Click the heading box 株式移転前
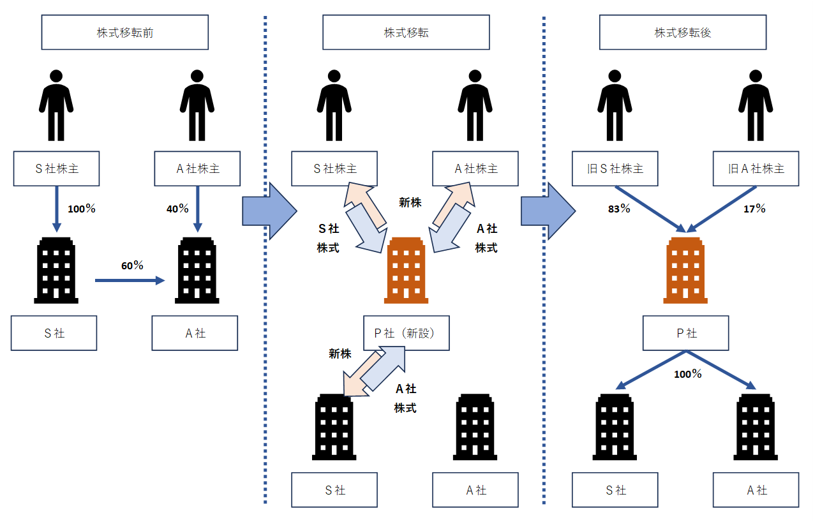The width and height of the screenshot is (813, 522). (x=125, y=33)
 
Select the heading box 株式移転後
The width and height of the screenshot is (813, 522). (x=682, y=33)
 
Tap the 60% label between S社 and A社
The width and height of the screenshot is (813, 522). (x=132, y=265)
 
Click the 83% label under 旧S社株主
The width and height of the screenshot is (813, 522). (x=620, y=209)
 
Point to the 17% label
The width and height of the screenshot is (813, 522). (x=755, y=209)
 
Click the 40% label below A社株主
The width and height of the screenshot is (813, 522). (x=177, y=209)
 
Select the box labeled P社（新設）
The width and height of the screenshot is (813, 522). (x=406, y=333)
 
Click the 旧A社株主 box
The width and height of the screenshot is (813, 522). (x=756, y=169)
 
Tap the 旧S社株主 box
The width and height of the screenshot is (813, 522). (x=615, y=169)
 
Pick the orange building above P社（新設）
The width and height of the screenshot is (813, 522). (x=406, y=269)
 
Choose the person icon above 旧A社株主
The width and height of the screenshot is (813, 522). (x=756, y=105)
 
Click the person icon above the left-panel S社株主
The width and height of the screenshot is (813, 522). (x=56, y=105)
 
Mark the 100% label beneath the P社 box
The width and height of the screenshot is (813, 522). (x=687, y=375)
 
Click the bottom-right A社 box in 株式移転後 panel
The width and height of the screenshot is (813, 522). (x=756, y=490)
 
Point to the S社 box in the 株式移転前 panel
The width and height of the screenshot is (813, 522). (x=54, y=333)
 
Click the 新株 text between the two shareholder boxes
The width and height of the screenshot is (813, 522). (x=410, y=203)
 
